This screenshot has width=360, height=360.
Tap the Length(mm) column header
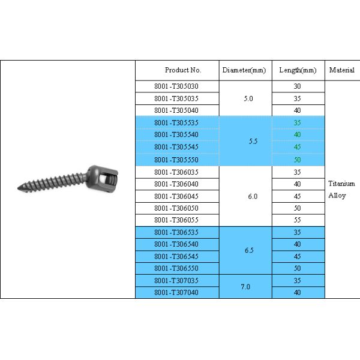(x=298, y=70)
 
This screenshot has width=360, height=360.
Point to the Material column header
(x=342, y=70)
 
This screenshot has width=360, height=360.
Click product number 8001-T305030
(x=176, y=86)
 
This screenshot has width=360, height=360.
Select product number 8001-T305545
(x=176, y=147)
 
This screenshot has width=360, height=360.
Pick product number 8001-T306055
(x=176, y=220)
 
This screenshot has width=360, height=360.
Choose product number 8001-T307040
(x=176, y=292)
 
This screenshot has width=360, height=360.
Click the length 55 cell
(x=298, y=220)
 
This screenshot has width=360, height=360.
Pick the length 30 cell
(x=298, y=86)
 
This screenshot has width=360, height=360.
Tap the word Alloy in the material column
(x=337, y=196)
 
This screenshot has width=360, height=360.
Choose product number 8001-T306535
(x=176, y=232)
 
